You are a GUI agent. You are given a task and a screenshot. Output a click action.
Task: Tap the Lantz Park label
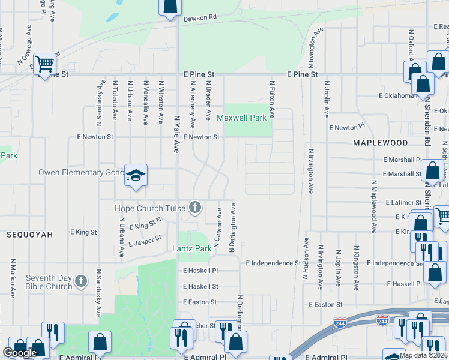pyautogui.click(x=191, y=248)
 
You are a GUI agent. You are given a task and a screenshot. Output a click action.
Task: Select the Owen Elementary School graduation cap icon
pyautogui.click(x=136, y=176)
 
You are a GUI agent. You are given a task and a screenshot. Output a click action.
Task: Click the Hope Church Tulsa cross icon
pyautogui.click(x=194, y=208)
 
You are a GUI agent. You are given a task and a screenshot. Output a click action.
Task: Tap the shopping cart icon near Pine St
pyautogui.click(x=44, y=63)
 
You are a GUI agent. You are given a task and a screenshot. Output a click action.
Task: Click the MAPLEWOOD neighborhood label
pyautogui.click(x=380, y=143)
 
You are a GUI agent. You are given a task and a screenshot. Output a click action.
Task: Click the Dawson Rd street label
pyautogui.click(x=200, y=18)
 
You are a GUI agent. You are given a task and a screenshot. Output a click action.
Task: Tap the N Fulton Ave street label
pyautogui.click(x=272, y=99)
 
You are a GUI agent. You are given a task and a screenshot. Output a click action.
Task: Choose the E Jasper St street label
pyautogui.click(x=145, y=241)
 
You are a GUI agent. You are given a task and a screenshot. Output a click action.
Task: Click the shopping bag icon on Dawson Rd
pyautogui.click(x=170, y=7)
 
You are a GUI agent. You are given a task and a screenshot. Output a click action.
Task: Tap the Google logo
pyautogui.click(x=20, y=353)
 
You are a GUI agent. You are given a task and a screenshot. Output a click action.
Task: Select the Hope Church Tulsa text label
pyautogui.click(x=150, y=209)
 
